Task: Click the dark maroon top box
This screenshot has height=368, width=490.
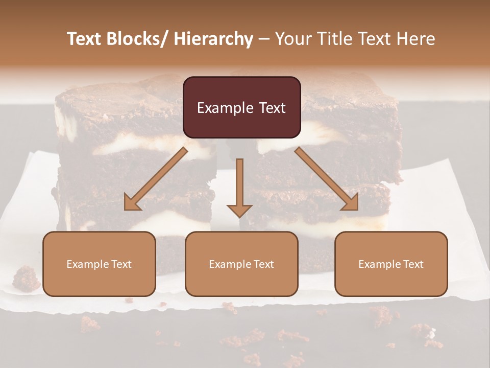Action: click(241, 107)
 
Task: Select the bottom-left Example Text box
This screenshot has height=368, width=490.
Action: click(99, 264)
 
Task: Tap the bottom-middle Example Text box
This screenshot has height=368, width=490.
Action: click(241, 264)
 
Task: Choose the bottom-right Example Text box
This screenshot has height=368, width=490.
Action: click(391, 264)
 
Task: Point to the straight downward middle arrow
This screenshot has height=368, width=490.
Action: click(239, 184)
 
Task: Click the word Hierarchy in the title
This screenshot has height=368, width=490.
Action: click(213, 39)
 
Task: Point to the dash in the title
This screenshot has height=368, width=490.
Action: click(264, 39)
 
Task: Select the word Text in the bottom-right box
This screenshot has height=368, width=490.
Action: click(412, 264)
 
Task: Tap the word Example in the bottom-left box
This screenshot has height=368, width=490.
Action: click(87, 264)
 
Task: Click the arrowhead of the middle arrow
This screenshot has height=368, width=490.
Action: click(239, 210)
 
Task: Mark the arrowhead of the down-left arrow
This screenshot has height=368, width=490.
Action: click(132, 203)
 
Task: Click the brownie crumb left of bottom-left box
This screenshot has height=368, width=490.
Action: click(26, 279)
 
